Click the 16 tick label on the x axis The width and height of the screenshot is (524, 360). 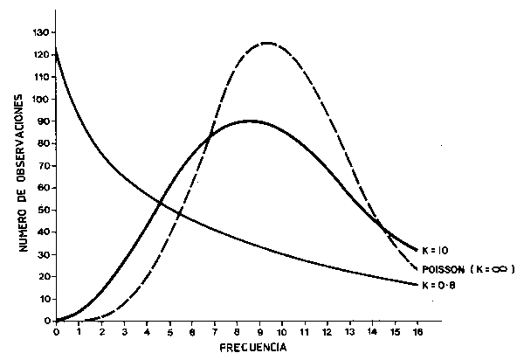[x=418, y=331]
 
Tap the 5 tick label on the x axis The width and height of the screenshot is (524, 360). [x=169, y=331]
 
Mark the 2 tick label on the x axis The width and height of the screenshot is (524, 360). [x=101, y=331]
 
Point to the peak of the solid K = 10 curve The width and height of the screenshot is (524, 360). [x=251, y=121]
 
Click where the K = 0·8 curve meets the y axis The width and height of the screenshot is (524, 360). [x=56, y=49]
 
